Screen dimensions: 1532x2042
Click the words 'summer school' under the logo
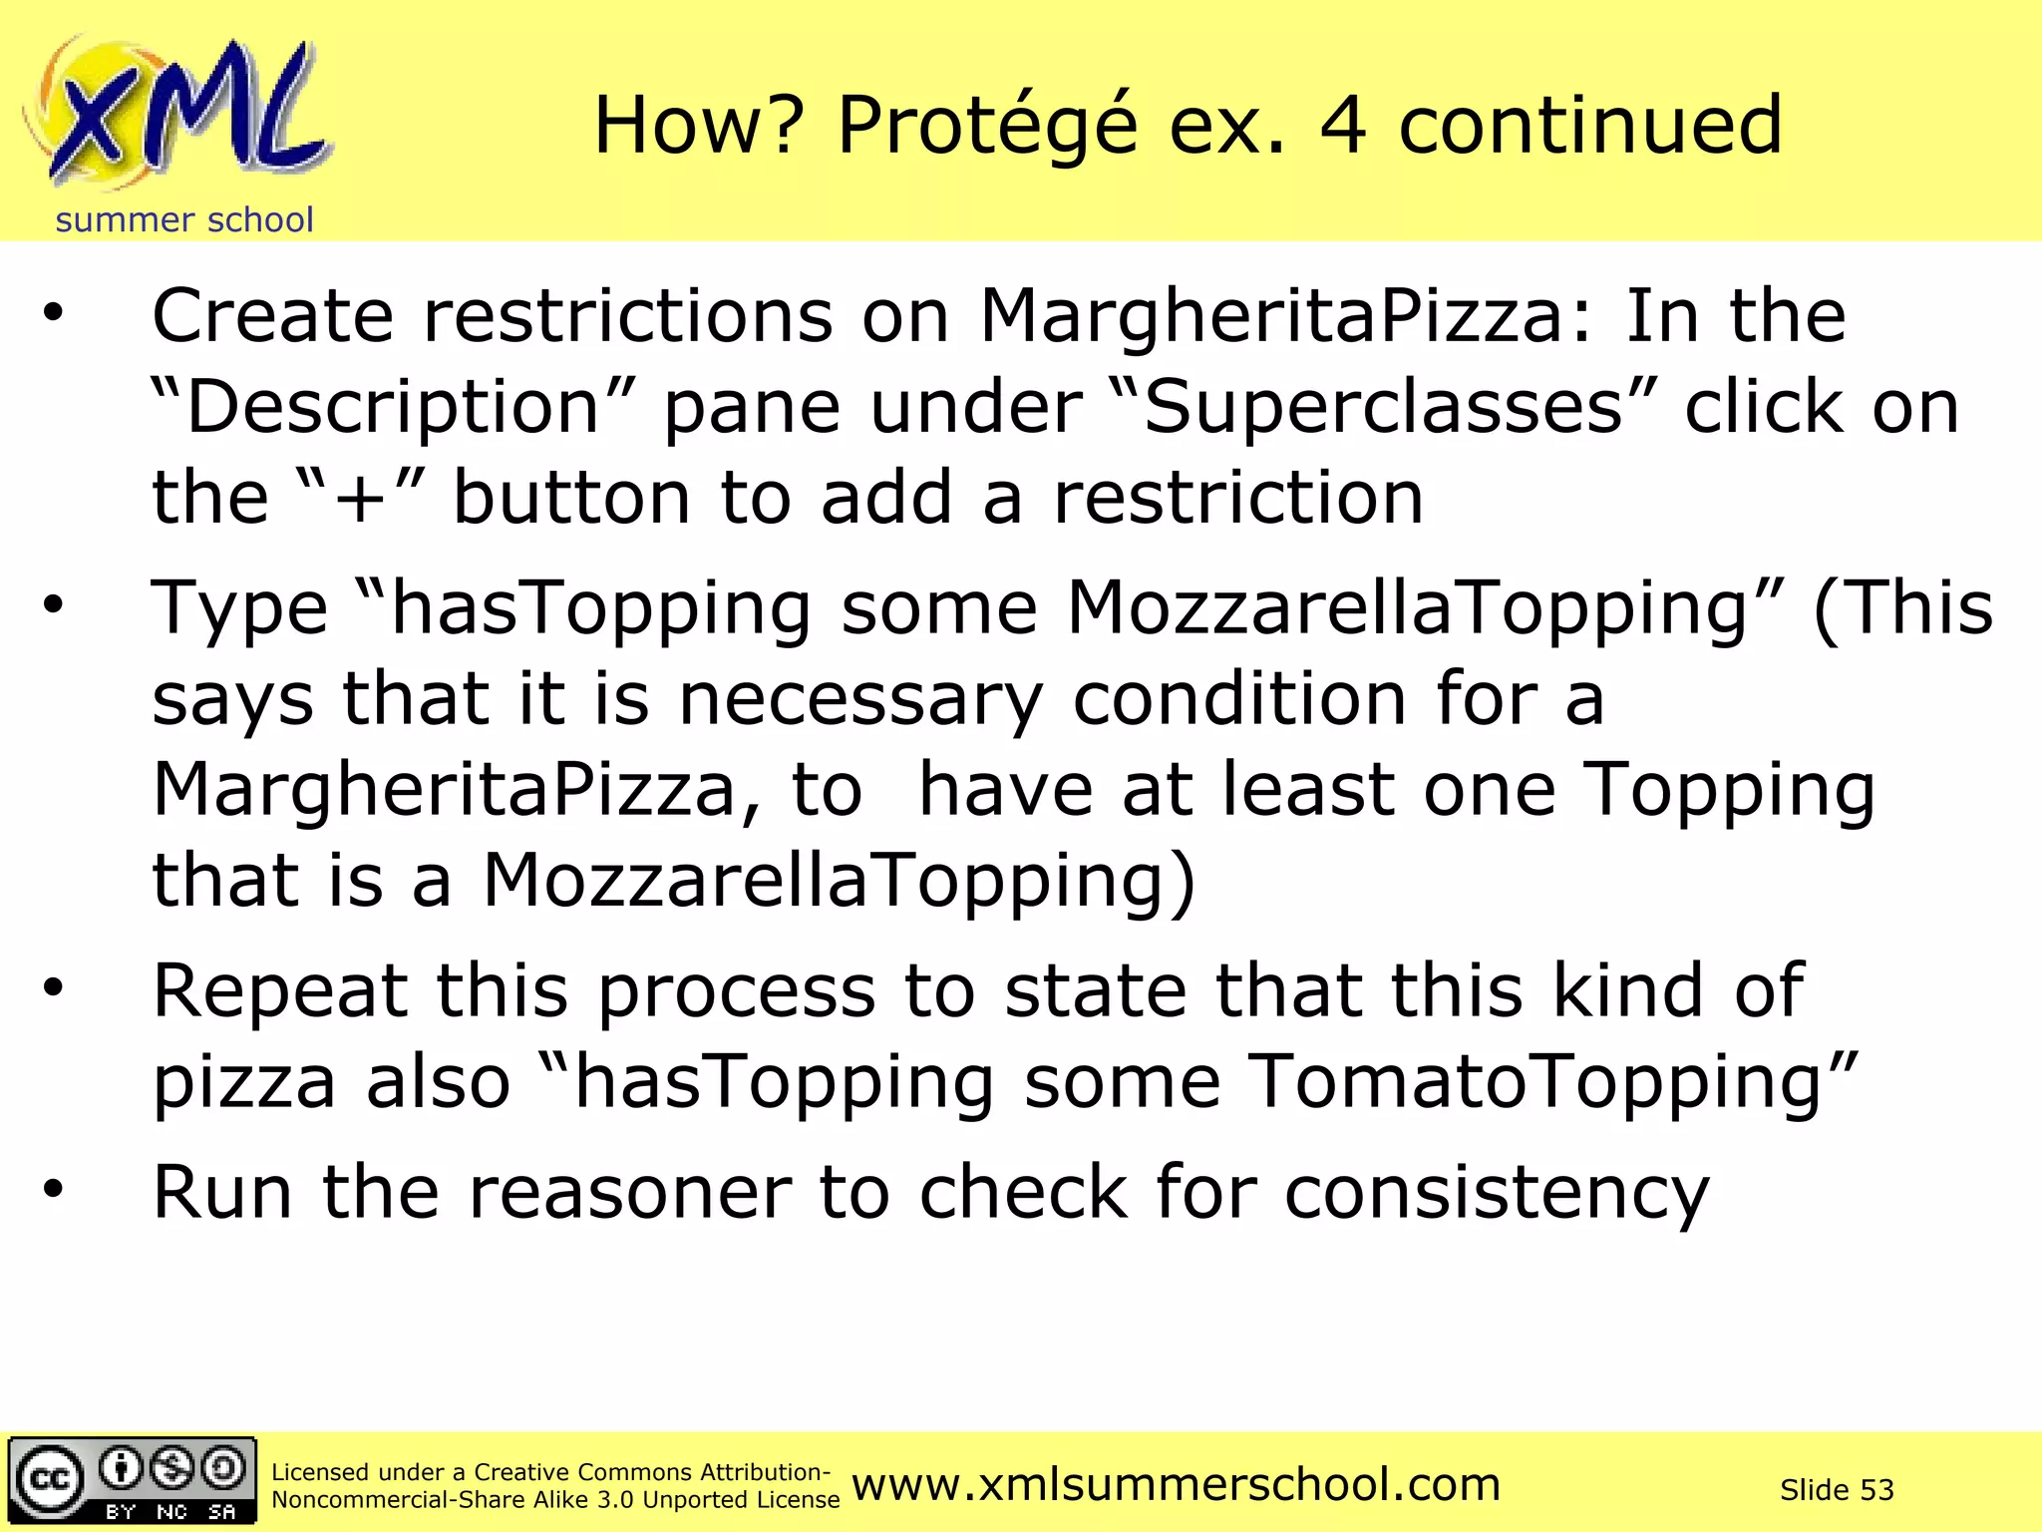(x=184, y=219)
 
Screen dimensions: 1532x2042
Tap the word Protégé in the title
(x=987, y=127)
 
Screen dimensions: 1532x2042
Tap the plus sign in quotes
(x=361, y=498)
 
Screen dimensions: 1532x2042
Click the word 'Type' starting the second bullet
(x=239, y=609)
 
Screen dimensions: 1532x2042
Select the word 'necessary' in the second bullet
(x=860, y=699)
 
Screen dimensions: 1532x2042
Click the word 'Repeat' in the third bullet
(x=280, y=991)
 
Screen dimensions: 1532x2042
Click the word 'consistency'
(x=1497, y=1193)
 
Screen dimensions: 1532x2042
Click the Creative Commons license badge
(x=133, y=1481)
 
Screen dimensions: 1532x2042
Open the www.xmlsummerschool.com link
(x=1177, y=1485)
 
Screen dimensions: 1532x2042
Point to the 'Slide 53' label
(x=1837, y=1490)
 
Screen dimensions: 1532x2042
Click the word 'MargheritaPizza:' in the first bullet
(x=1287, y=316)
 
